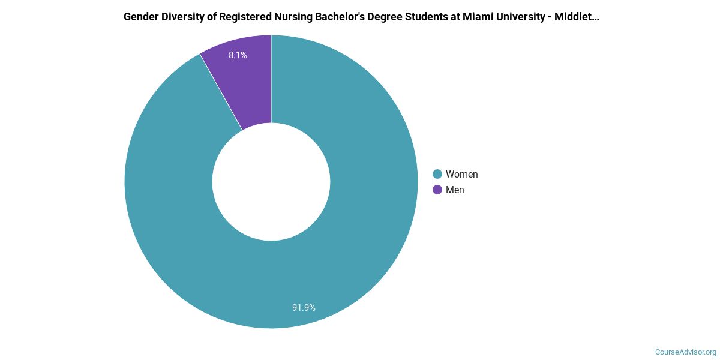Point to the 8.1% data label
[238, 55]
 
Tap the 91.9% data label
[304, 308]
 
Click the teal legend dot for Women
[437, 174]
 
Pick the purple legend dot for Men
[437, 190]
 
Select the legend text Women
[461, 174]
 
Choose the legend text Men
[455, 190]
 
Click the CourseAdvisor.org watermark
[685, 352]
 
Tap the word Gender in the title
[141, 17]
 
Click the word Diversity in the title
[183, 17]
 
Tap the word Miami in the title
[474, 17]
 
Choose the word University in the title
[515, 17]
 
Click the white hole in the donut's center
[271, 182]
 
